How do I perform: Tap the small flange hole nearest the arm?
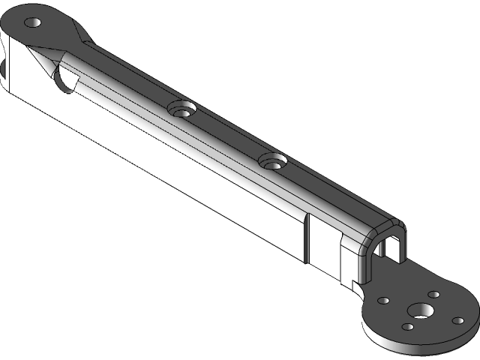[x=382, y=300]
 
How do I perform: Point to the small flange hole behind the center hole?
[x=433, y=295]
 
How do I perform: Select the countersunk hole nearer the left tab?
[x=181, y=108]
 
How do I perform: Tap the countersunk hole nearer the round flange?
[x=273, y=160]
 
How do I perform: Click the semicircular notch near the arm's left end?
[x=65, y=78]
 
